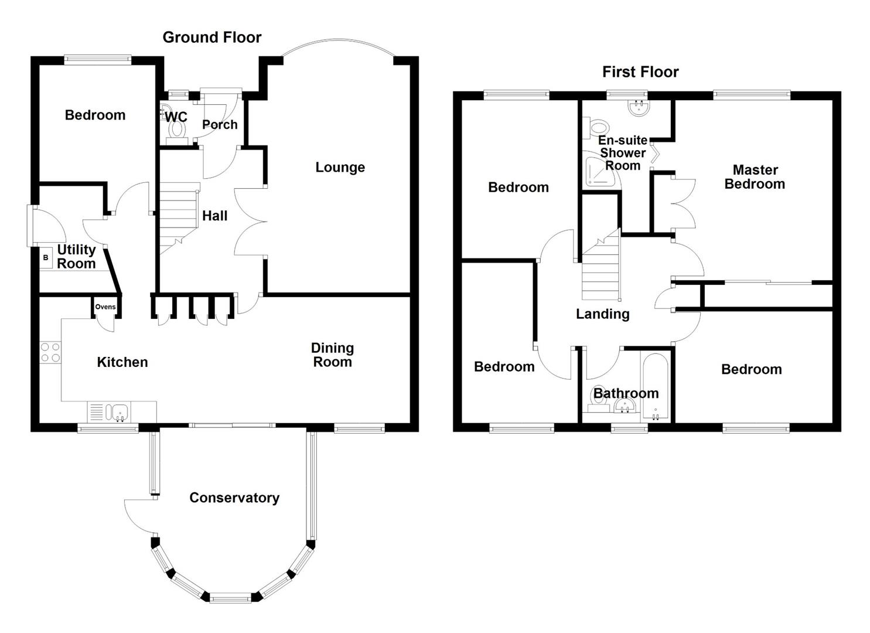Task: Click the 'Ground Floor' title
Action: point(211,38)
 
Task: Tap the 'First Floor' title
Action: point(640,72)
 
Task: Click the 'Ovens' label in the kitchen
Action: point(105,307)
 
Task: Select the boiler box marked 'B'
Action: point(46,258)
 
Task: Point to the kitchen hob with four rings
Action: point(50,352)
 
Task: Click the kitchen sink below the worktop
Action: point(120,412)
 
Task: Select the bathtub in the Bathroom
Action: point(654,387)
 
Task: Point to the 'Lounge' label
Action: point(340,168)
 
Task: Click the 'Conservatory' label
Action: point(234,498)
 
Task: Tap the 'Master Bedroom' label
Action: point(755,177)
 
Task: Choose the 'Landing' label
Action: point(602,314)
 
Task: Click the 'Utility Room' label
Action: point(76,257)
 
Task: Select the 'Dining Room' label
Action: point(332,355)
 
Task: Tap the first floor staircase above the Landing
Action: point(601,267)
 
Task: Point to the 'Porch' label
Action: point(220,124)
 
